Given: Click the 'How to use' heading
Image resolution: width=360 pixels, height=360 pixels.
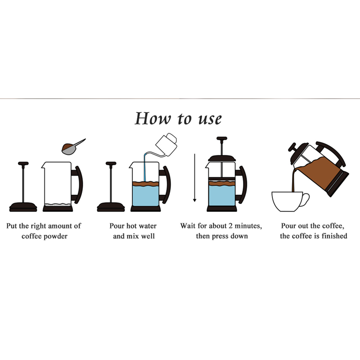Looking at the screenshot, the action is [178, 119].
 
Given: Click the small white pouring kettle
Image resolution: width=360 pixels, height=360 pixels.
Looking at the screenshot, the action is [166, 144].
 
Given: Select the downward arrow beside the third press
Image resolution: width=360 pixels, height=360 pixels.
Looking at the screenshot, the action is [194, 178].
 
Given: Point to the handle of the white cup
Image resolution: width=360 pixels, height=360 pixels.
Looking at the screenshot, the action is [306, 199].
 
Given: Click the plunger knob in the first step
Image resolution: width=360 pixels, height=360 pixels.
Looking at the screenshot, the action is [23, 163].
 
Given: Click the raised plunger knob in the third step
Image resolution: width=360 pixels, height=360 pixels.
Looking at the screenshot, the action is [222, 139].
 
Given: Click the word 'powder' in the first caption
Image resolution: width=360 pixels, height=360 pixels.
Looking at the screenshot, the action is [57, 236].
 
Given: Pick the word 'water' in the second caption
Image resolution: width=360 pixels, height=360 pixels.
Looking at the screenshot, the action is [148, 226].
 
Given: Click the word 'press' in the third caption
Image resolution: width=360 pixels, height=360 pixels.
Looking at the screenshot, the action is [220, 237].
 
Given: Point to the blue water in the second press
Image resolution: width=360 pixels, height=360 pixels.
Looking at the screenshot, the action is [145, 195].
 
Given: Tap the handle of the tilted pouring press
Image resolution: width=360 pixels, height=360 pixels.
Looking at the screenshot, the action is [331, 153].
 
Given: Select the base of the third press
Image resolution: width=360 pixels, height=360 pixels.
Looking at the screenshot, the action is [222, 208].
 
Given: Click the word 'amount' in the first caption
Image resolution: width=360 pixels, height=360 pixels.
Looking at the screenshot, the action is [61, 226].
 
